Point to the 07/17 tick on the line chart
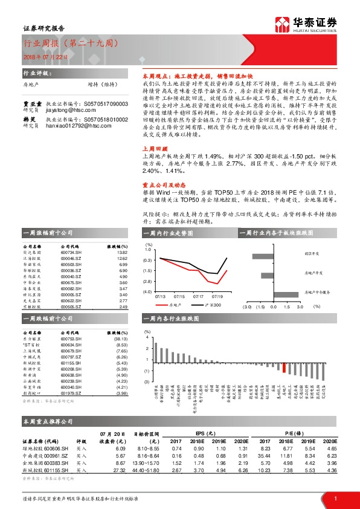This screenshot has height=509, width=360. point(198,296)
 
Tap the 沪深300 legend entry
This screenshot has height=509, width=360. point(213,305)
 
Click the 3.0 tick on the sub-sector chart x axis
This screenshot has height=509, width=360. point(301,306)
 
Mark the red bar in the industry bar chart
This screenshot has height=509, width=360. point(284,369)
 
